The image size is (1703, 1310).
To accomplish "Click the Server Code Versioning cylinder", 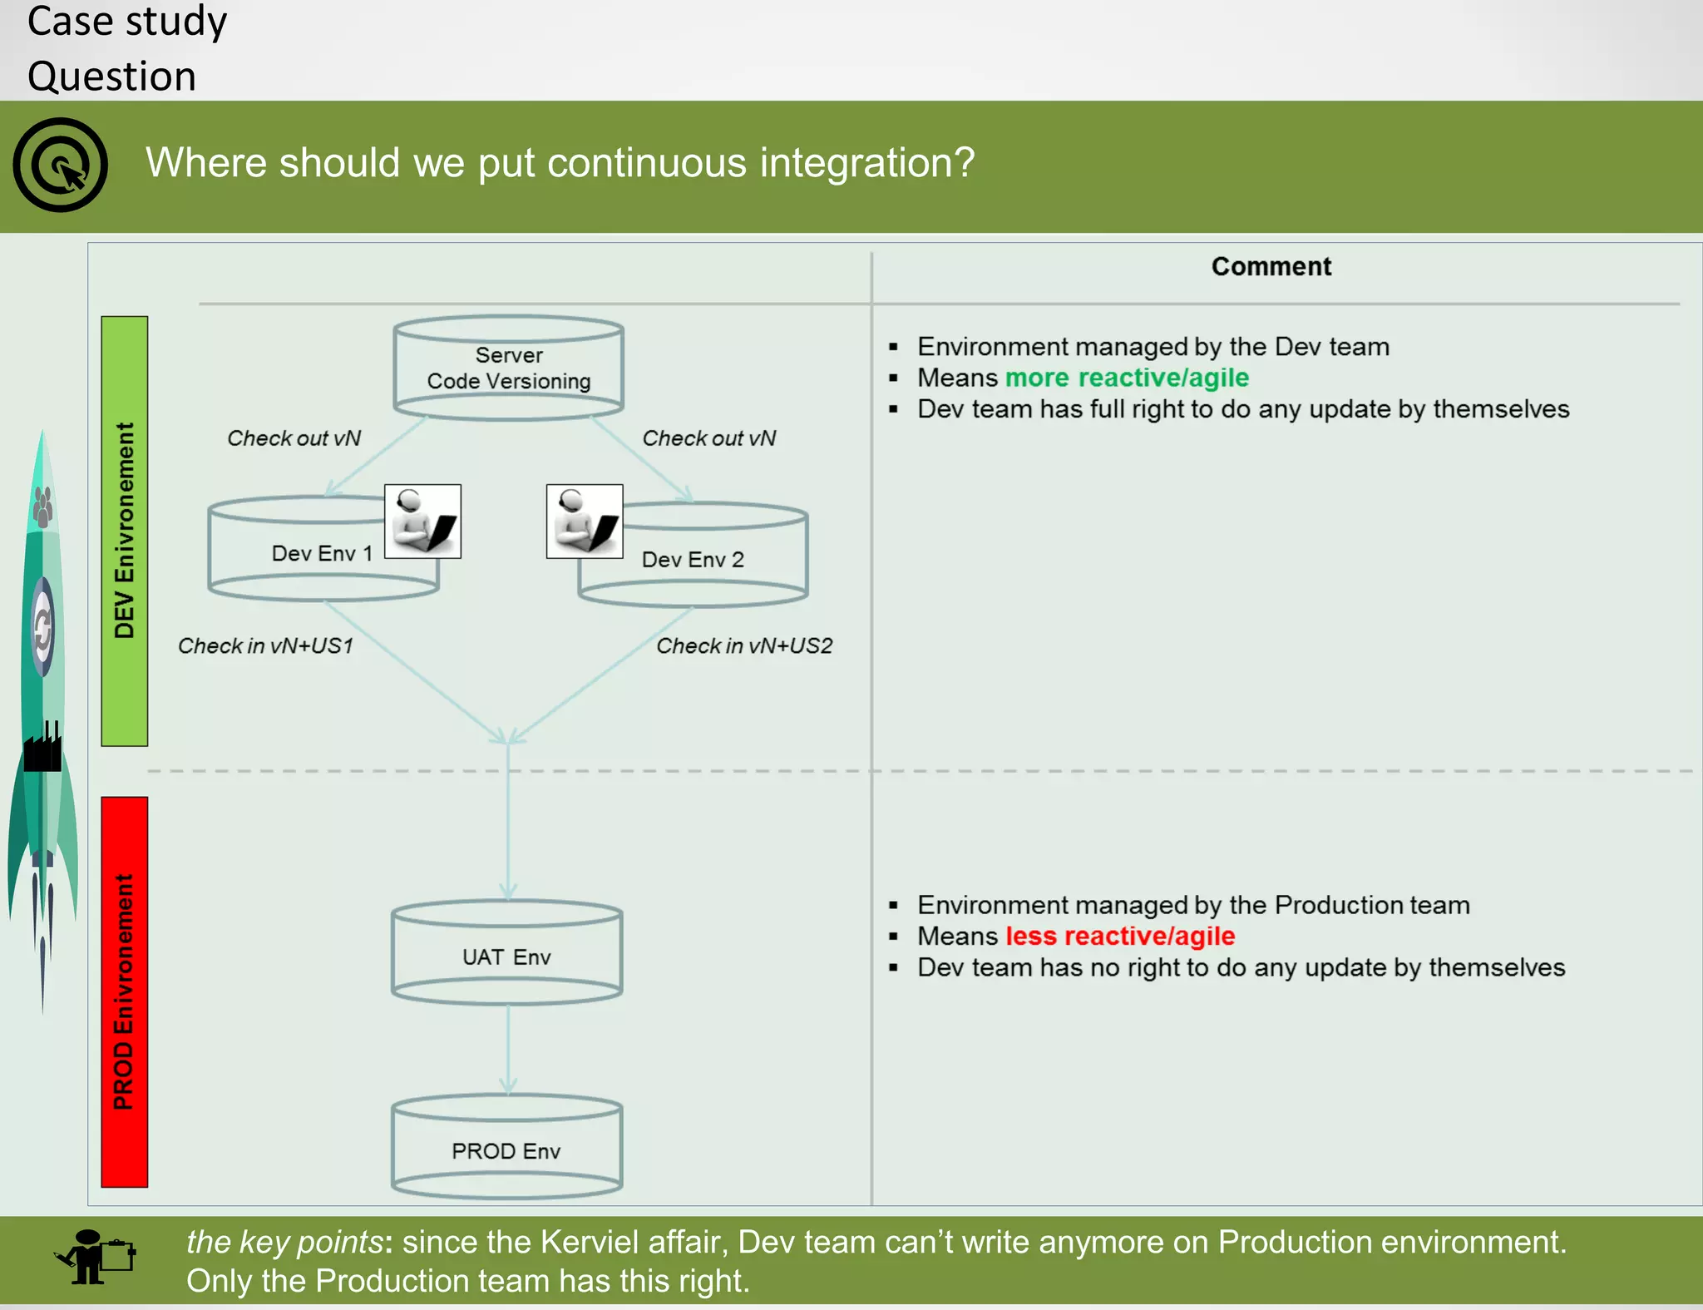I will (508, 368).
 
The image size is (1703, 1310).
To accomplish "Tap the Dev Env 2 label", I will (693, 560).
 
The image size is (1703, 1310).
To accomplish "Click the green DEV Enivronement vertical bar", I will (125, 531).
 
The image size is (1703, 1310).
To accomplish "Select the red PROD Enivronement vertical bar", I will (125, 991).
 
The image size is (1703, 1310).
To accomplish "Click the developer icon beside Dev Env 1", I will (422, 522).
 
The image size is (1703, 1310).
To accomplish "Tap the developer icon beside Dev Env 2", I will (585, 522).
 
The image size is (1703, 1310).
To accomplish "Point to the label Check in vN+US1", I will (266, 646).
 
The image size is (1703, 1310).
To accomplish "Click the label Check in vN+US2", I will (744, 646).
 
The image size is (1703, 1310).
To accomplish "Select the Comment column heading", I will (1271, 267).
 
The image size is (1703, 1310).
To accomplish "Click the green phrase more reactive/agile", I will (1127, 378).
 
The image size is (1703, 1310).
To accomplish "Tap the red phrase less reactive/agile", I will (1120, 937).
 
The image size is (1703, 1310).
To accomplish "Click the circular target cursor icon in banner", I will (61, 165).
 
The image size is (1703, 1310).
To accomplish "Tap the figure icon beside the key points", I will (93, 1258).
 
